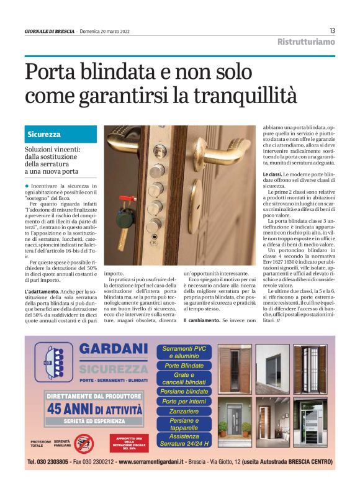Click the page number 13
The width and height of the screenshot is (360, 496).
click(x=332, y=30)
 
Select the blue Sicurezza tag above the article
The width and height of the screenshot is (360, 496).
click(x=45, y=134)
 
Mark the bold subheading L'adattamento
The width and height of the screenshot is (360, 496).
click(x=43, y=291)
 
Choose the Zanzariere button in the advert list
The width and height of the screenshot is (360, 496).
click(x=184, y=411)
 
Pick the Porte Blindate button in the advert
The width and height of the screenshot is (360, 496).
click(x=184, y=366)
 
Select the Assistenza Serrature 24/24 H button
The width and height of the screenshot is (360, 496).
click(x=184, y=440)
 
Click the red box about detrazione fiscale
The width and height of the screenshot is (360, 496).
click(x=130, y=443)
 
